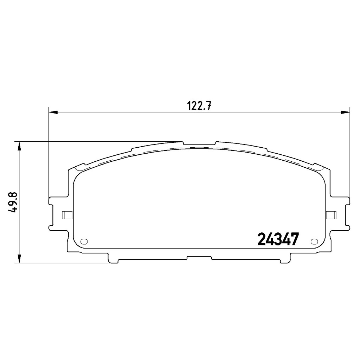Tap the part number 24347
coord(278,239)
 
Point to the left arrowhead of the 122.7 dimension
coord(53,112)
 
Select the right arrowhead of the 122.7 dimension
coord(345,112)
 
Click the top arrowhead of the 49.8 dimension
coord(20,146)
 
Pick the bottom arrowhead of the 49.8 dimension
coord(20,258)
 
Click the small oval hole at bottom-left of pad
coord(84,241)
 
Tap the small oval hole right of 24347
coord(314,241)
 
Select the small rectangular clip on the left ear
coord(67,215)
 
